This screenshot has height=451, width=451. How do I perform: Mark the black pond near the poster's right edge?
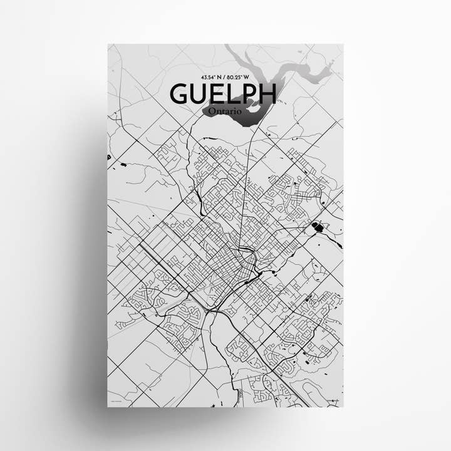(x=318, y=226)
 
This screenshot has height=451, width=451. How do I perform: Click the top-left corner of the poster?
(x=108, y=44)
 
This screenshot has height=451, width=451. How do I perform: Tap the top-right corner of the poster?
(x=343, y=44)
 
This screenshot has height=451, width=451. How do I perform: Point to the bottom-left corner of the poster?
(x=108, y=407)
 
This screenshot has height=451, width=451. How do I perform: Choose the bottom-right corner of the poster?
(x=343, y=407)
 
